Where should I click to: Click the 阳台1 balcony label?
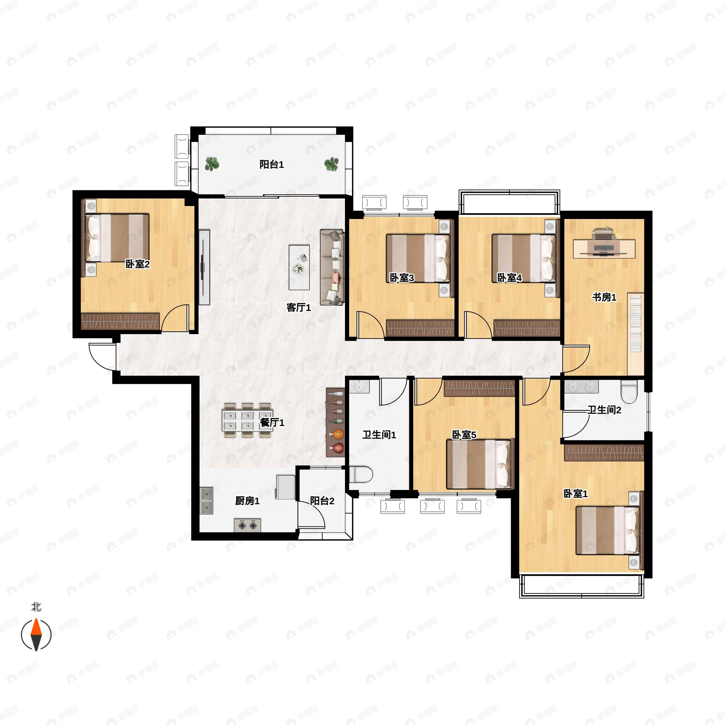tap(272, 164)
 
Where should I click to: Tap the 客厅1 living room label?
tap(298, 308)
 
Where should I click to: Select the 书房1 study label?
tap(604, 298)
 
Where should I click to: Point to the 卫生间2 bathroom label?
tap(604, 410)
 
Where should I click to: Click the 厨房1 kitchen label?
tap(247, 501)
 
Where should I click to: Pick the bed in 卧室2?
tap(117, 238)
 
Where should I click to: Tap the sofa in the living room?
tap(332, 267)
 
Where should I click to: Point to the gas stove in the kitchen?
tap(247, 525)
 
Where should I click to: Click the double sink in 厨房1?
tap(206, 501)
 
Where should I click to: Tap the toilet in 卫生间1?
tap(361, 474)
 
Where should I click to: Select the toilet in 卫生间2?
tap(629, 391)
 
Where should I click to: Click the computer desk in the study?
tap(604, 248)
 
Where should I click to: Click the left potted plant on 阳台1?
tap(212, 164)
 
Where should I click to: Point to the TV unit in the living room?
tap(204, 267)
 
